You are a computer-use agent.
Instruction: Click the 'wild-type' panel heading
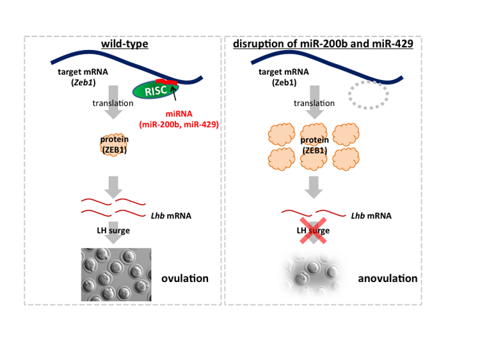pyautogui.click(x=124, y=44)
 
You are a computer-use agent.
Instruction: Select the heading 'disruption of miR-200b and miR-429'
pyautogui.click(x=324, y=44)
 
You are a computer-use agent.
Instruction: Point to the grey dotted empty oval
pyautogui.click(x=368, y=95)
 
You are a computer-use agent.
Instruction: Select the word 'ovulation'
pyautogui.click(x=185, y=278)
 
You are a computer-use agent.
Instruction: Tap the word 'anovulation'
pyautogui.click(x=387, y=278)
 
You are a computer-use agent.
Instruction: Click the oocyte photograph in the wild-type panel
pyautogui.click(x=116, y=274)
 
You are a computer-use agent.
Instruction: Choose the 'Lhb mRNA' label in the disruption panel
pyautogui.click(x=371, y=215)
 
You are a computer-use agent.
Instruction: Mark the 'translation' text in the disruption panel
pyautogui.click(x=314, y=103)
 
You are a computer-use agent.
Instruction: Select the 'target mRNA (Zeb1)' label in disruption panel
pyautogui.click(x=283, y=77)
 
